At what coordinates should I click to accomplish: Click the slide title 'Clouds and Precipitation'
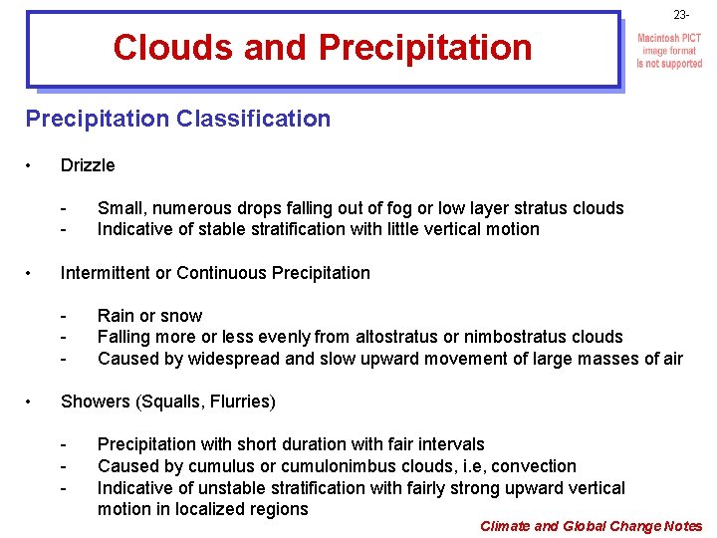point(323,47)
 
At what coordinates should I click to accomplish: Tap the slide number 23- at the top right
point(680,16)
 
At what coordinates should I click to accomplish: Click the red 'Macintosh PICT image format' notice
point(669,51)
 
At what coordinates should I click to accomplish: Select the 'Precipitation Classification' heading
point(178,120)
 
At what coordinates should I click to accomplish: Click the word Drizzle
point(88,165)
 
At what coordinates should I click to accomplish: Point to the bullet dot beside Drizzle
point(32,165)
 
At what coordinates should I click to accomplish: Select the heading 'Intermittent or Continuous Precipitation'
point(215,273)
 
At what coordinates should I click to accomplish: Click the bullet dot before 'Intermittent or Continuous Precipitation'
point(32,273)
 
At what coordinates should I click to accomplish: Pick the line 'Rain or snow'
point(149,316)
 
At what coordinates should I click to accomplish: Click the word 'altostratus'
point(404,337)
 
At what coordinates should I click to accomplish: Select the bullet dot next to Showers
point(32,402)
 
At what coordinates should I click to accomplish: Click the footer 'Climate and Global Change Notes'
point(591,526)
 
